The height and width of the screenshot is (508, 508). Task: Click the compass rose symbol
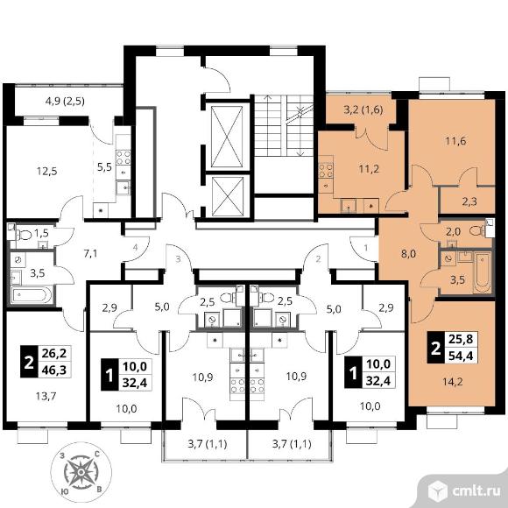81,472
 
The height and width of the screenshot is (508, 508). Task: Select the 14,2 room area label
452,382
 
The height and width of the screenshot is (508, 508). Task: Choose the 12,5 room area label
46,171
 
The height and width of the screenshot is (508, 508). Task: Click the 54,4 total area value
461,356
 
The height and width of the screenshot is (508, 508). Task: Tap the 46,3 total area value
54,370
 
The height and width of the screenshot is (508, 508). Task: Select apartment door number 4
136,248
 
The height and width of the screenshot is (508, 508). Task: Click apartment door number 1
366,248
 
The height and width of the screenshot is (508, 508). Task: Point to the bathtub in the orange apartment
482,272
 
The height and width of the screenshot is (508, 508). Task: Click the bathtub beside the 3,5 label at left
32,295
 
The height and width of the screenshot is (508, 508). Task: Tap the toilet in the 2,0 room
478,230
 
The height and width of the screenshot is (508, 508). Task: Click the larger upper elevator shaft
227,137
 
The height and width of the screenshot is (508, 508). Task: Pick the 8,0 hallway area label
408,254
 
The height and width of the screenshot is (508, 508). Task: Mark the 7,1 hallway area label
90,253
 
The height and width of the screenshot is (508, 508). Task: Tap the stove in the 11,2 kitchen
326,171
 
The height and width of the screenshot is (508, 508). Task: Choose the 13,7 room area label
46,396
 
